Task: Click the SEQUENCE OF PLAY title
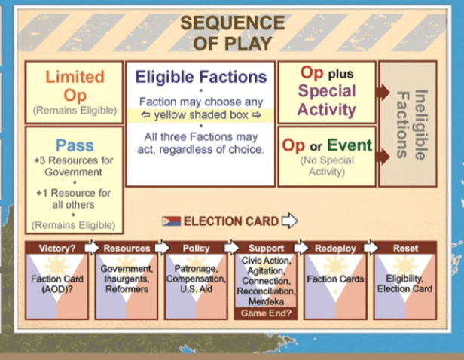tap(232, 33)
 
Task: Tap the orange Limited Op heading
tap(75, 86)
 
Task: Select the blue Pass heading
tap(75, 145)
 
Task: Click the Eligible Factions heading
tap(200, 77)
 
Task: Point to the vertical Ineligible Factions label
tap(410, 125)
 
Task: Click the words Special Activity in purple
tap(327, 100)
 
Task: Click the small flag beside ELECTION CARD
tap(171, 221)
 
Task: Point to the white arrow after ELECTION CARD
tap(289, 221)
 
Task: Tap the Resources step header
tap(127, 247)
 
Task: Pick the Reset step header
tap(406, 247)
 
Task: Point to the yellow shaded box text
tap(200, 115)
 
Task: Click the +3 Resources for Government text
tap(74, 166)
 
